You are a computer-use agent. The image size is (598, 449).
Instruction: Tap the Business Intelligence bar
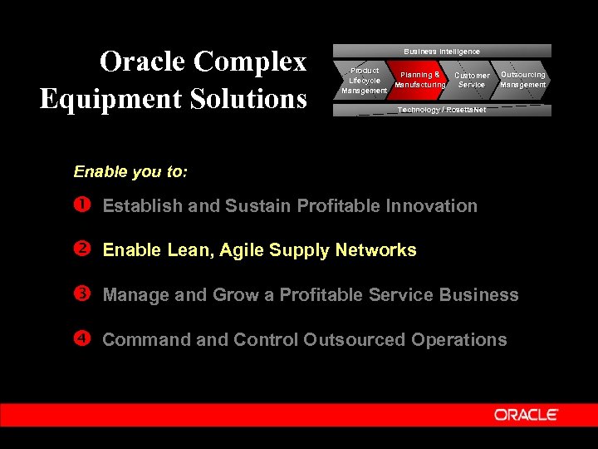click(x=441, y=51)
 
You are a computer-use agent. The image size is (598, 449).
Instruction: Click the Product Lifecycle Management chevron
click(x=364, y=81)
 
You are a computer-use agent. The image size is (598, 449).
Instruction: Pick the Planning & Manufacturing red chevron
click(x=420, y=80)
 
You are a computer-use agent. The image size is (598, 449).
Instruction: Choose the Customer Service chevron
click(x=472, y=80)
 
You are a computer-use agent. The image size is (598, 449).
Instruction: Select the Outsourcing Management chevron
click(x=522, y=79)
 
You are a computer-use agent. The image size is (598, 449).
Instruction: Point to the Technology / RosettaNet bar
click(x=441, y=110)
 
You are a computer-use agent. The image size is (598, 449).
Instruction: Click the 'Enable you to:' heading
click(x=130, y=172)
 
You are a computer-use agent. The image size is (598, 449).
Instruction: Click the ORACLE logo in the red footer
click(x=526, y=415)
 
